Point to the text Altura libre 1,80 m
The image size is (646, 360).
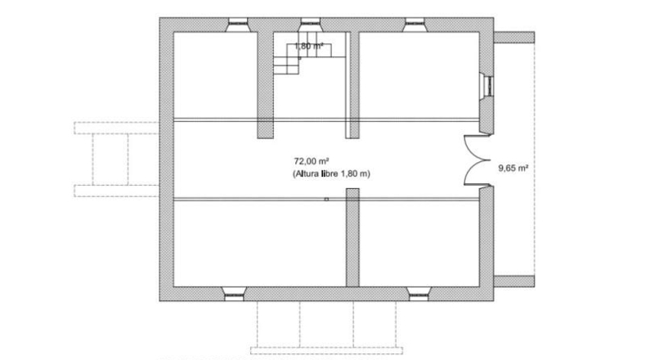[x=332, y=173]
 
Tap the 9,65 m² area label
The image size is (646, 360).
[x=514, y=168]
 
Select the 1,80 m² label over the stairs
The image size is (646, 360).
[x=308, y=46]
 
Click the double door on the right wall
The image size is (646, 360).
[x=477, y=160]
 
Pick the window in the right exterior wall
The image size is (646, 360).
[x=487, y=86]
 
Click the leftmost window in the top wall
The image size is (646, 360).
[x=237, y=25]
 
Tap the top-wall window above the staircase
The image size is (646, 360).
[x=310, y=25]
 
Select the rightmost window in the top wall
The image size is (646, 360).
[x=415, y=25]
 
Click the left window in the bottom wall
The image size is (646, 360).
[x=234, y=294]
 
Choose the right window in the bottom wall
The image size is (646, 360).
[x=419, y=294]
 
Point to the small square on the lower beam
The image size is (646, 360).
[x=326, y=199]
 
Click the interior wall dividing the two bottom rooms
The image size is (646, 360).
[x=352, y=237]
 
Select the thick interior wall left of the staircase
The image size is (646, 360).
[x=265, y=85]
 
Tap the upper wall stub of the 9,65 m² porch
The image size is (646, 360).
[x=514, y=38]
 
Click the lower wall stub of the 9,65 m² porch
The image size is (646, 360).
[x=514, y=281]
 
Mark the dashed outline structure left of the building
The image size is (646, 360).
[x=116, y=160]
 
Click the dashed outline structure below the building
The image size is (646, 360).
[x=327, y=327]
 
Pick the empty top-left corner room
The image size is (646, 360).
[x=215, y=75]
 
